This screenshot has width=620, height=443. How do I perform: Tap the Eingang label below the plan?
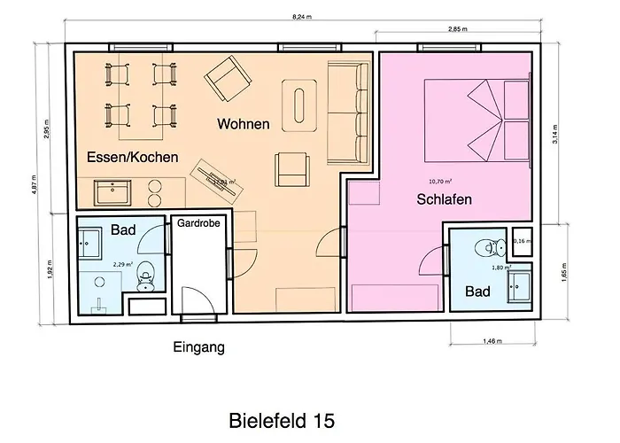198,348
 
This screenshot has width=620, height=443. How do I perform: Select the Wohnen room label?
243,124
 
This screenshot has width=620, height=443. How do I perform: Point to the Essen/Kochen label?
133,157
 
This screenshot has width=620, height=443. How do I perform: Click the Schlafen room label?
443,200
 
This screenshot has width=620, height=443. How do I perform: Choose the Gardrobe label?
198,224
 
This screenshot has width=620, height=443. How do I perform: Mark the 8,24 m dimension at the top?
303,16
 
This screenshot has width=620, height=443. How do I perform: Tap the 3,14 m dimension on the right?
555,132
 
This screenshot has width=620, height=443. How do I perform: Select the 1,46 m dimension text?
493,339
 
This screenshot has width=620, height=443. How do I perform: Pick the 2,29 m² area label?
122,263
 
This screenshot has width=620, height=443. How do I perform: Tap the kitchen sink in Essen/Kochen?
112,190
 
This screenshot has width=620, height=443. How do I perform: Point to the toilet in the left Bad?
145,278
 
